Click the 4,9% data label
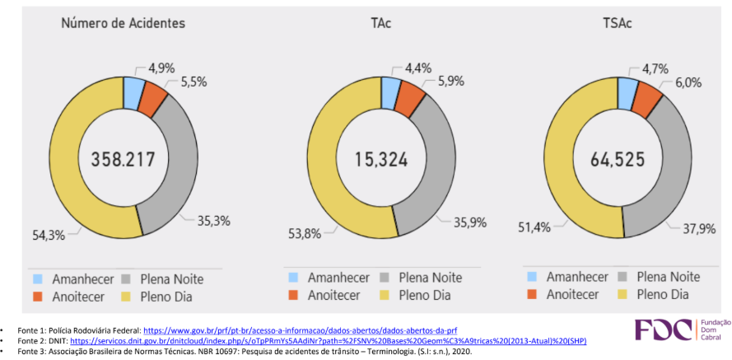(x=162, y=67)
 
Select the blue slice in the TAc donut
(x=391, y=92)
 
